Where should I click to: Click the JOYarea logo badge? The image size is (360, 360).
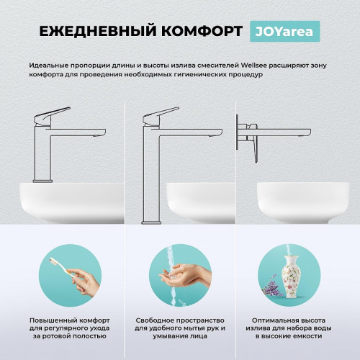pyautogui.click(x=285, y=31)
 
